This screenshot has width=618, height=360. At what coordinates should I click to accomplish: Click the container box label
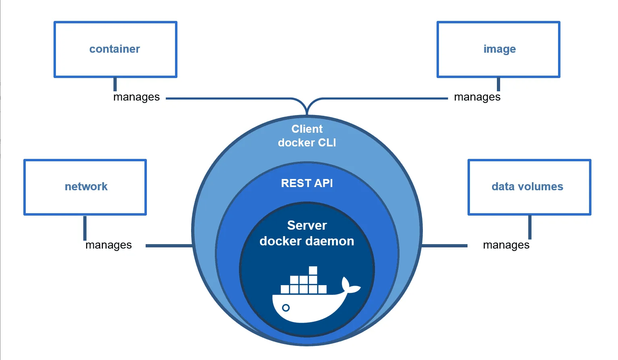[x=115, y=49]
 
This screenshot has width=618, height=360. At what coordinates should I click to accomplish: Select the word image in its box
[x=499, y=49]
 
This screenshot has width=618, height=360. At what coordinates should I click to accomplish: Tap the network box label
[x=86, y=187]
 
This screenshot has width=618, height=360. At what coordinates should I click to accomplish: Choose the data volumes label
[x=527, y=187]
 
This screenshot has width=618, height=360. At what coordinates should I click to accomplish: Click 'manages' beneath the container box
[x=136, y=97]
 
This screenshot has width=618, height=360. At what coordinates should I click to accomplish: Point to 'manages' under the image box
[x=477, y=97]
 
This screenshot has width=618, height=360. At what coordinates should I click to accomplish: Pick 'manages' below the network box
[x=109, y=245]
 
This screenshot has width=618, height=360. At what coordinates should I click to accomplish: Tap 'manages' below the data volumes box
[x=506, y=245]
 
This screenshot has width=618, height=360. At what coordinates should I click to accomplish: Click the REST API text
[x=307, y=183]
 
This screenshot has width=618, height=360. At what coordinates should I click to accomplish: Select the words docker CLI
[x=307, y=143]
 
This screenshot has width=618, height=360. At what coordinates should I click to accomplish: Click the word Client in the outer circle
[x=307, y=129]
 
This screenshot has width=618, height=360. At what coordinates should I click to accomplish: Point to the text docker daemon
[x=307, y=241]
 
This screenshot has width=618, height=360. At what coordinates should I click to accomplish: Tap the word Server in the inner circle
[x=307, y=225]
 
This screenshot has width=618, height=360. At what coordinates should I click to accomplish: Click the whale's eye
[x=286, y=308]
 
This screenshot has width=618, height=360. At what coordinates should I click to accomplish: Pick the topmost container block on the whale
[x=313, y=270]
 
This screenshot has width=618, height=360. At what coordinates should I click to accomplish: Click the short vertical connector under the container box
[x=115, y=84]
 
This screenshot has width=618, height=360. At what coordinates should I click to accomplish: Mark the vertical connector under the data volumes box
[x=529, y=227]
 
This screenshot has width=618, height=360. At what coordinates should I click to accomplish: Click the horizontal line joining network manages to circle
[x=169, y=245]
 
